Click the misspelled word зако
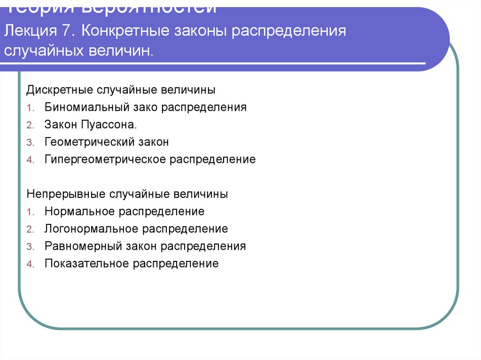[x=145, y=107]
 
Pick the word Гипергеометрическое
[x=106, y=159]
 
